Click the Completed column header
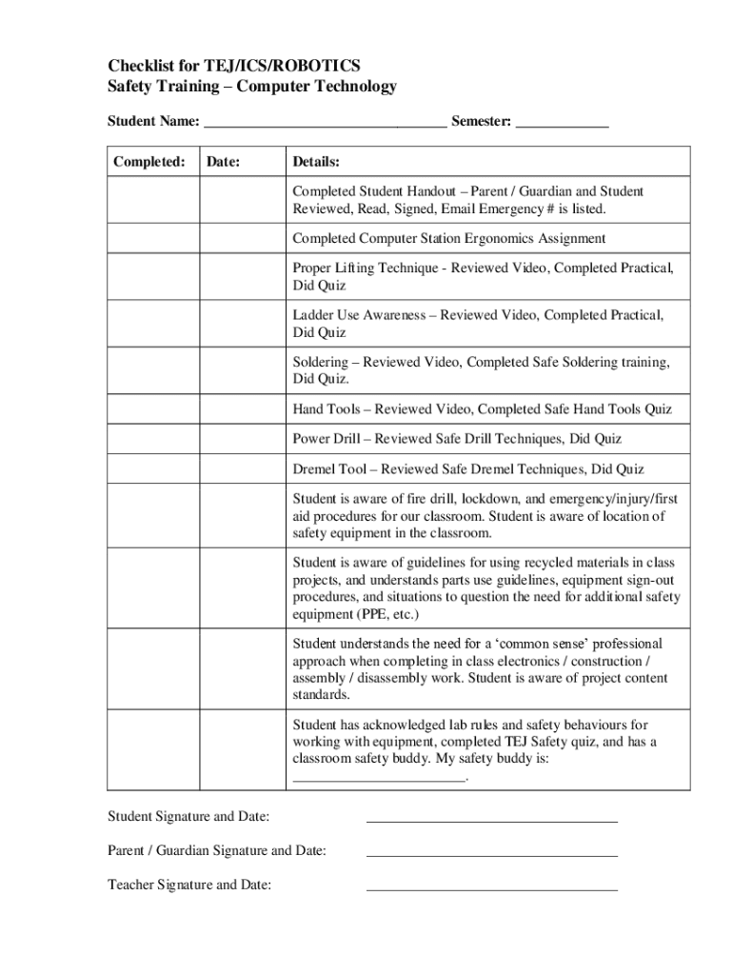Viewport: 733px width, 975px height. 149,162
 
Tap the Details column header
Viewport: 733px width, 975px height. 316,162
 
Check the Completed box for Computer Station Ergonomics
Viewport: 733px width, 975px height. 152,238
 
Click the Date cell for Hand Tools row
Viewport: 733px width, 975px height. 242,409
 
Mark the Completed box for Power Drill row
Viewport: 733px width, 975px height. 152,439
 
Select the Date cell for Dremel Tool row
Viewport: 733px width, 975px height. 242,469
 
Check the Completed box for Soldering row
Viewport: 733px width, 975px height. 152,370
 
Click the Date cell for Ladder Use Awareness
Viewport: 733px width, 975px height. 242,324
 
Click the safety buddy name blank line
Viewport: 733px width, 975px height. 379,779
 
